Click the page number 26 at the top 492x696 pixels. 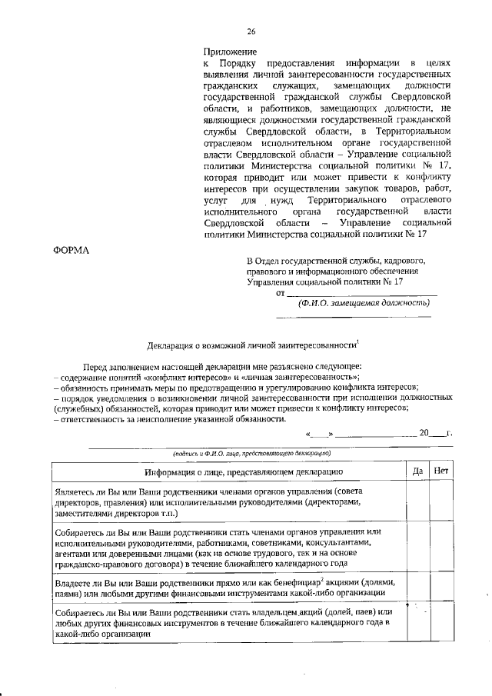point(251,32)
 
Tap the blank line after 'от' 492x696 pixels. point(361,292)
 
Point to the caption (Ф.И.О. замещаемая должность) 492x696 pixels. point(363,303)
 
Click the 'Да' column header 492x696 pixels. point(417,471)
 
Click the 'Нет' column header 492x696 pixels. point(441,471)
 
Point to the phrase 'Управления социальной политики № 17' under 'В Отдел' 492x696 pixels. point(324,282)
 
